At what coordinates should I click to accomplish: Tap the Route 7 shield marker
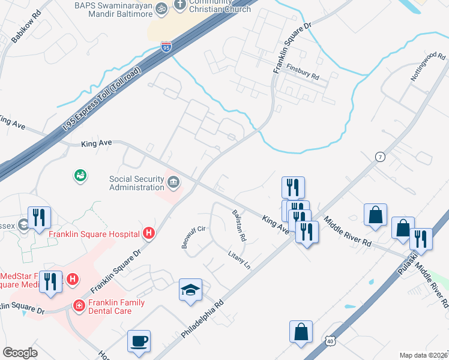click(379, 157)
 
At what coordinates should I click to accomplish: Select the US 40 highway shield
click(330, 341)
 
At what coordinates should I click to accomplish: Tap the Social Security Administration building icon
click(174, 182)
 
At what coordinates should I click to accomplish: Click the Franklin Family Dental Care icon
click(79, 305)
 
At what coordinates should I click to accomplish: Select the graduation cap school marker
click(191, 290)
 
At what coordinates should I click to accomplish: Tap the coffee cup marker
click(139, 341)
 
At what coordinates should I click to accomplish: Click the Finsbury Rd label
click(303, 72)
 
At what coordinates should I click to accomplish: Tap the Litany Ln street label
click(238, 260)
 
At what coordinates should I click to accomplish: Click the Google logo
click(20, 353)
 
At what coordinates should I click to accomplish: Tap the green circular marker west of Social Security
click(80, 175)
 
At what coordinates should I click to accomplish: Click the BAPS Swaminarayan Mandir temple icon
click(161, 9)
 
